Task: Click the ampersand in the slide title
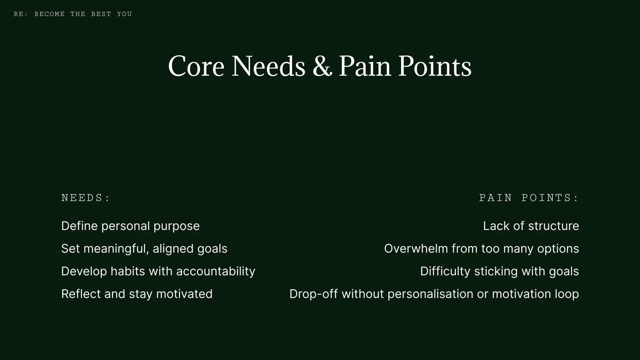322,66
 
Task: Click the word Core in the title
196,66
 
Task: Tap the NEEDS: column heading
86,198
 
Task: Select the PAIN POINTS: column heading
529,198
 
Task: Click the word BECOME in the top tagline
50,14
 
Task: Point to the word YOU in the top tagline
124,14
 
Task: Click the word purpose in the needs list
176,226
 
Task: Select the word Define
79,226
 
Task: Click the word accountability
216,271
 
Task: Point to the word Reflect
81,294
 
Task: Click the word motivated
184,294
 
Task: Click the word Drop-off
314,294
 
